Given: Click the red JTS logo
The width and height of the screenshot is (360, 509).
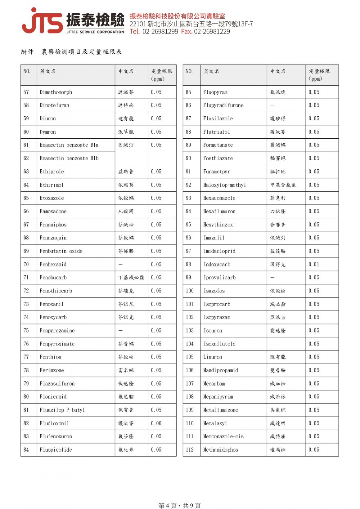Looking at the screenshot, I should click(x=42, y=21).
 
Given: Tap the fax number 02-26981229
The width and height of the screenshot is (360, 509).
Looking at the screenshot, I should click(x=212, y=31).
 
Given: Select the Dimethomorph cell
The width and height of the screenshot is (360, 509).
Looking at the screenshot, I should click(x=56, y=92).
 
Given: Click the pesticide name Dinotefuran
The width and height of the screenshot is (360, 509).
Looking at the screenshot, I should click(x=54, y=105).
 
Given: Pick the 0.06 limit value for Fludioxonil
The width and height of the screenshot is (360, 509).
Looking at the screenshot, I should click(x=156, y=423).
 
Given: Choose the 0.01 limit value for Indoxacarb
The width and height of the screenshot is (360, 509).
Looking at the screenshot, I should click(x=314, y=264).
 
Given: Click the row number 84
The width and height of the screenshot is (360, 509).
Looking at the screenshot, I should click(x=26, y=449).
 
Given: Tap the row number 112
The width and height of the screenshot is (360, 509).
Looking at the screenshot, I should click(x=190, y=449).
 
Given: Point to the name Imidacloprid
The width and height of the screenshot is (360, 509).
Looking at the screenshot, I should click(x=219, y=251).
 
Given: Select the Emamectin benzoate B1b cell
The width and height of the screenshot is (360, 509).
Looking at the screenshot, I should click(x=69, y=158).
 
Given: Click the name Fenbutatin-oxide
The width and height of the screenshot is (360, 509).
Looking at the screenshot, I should click(x=61, y=251).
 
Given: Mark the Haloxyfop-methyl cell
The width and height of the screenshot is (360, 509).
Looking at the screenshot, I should click(x=224, y=185).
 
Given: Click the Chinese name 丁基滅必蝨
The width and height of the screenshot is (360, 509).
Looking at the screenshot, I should click(x=131, y=277).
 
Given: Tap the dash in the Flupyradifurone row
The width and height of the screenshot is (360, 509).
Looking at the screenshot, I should click(x=272, y=105).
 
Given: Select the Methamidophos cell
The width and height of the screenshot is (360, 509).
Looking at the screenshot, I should click(x=221, y=449).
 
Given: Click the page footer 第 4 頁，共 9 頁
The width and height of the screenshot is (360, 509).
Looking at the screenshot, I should click(x=180, y=506).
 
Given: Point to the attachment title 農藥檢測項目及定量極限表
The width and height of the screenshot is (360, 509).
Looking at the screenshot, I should click(x=82, y=52).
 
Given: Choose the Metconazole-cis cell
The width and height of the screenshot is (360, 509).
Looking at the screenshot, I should click(x=223, y=436).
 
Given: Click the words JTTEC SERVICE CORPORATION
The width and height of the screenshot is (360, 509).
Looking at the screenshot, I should click(x=95, y=32).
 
